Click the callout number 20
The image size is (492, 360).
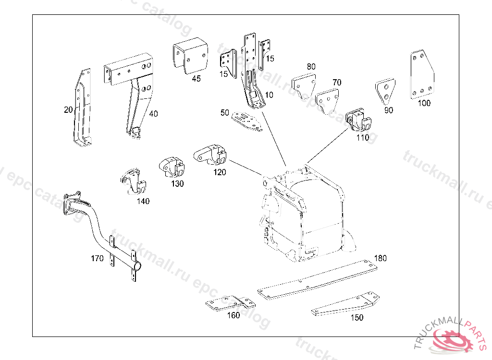(68, 110)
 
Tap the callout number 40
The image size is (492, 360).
(153, 114)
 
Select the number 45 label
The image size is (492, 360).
(196, 79)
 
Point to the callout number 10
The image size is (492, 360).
(269, 95)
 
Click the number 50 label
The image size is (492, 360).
(225, 113)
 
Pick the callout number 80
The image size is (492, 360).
(311, 67)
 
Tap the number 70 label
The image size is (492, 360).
(337, 83)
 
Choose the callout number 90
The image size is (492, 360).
(389, 110)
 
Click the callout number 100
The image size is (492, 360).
(424, 103)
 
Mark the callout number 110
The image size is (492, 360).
(363, 138)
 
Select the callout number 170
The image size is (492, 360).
(97, 258)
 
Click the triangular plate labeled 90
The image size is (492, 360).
(385, 92)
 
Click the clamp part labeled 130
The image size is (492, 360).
(172, 167)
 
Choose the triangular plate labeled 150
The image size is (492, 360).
(346, 304)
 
